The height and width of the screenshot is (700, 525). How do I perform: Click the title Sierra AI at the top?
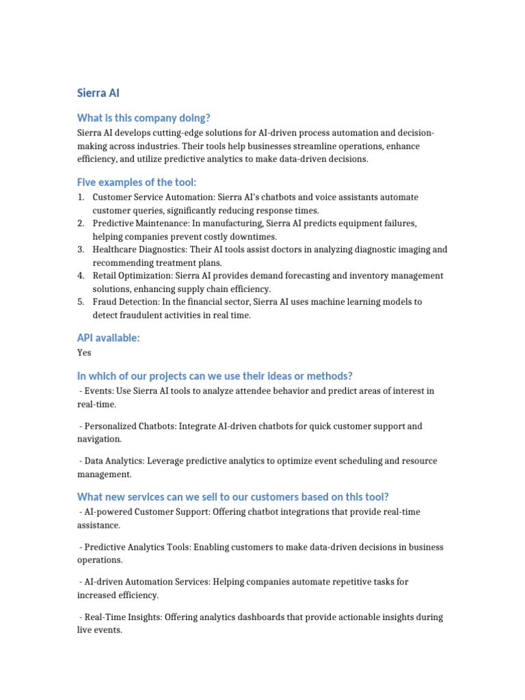tap(98, 93)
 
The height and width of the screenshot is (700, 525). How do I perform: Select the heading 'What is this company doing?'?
tap(144, 118)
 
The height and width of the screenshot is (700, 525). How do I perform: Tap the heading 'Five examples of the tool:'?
tap(137, 182)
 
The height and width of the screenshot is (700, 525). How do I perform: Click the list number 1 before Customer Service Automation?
tap(81, 198)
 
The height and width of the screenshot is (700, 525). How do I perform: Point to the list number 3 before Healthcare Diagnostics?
tap(81, 250)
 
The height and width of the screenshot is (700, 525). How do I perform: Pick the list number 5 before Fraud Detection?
tap(81, 302)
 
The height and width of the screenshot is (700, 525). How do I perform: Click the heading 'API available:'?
tap(108, 338)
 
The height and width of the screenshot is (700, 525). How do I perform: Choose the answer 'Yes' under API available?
tap(84, 353)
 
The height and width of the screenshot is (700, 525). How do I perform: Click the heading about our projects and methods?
tap(215, 376)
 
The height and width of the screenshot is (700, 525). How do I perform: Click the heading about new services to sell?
tap(232, 496)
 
